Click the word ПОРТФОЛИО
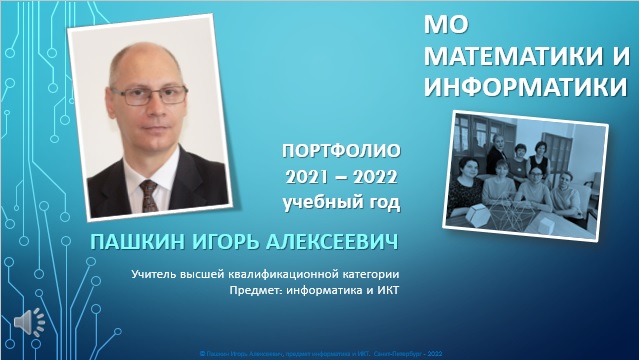point(341,153)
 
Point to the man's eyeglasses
point(152,96)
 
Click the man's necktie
point(149,192)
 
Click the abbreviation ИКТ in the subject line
point(385,291)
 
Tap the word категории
point(367,274)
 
